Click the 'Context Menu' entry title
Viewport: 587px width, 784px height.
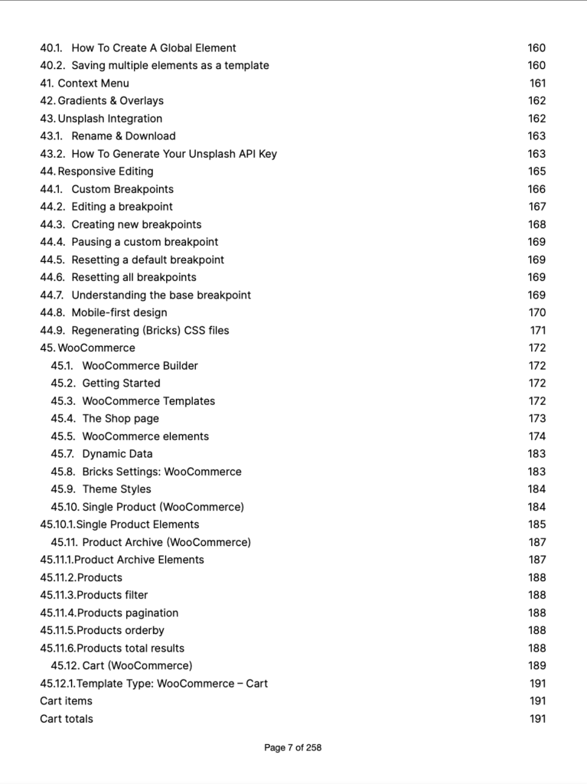tap(93, 83)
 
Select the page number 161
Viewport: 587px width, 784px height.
tap(537, 83)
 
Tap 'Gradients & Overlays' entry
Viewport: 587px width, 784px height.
tap(110, 101)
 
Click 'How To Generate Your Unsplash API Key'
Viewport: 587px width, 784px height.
tap(174, 154)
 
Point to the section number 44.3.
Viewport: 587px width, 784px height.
tap(53, 224)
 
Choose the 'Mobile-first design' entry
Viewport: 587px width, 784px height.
tap(119, 312)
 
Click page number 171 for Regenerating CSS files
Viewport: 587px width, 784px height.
tap(537, 331)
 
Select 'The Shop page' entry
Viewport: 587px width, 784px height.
tap(121, 419)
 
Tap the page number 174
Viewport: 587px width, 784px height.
tap(536, 436)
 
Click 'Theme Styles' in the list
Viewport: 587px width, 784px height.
tap(116, 489)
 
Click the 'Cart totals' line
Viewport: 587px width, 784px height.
tap(67, 719)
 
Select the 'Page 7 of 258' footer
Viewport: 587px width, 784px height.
tap(293, 748)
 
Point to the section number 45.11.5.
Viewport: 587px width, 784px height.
tap(58, 631)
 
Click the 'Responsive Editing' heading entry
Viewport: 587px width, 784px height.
tap(106, 171)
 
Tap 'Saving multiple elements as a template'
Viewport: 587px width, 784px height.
tap(170, 66)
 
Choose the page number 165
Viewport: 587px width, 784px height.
tap(536, 171)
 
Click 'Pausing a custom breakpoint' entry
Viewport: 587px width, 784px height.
tap(145, 242)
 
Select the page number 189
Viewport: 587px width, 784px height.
tap(536, 666)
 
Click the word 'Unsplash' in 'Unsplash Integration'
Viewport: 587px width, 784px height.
tap(81, 119)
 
